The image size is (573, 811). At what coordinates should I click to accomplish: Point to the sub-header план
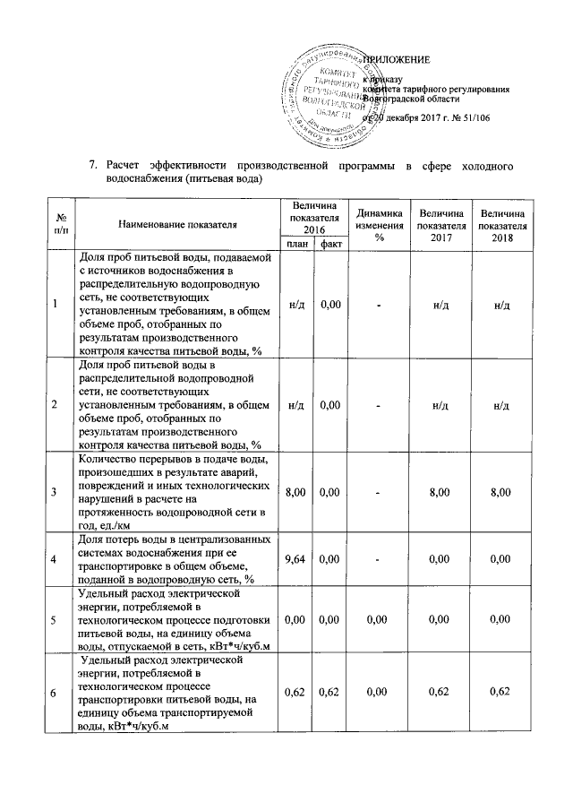coord(294,243)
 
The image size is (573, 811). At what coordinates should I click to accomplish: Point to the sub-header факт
coord(330,243)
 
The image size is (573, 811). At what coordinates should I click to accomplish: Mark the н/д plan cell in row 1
coord(294,305)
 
